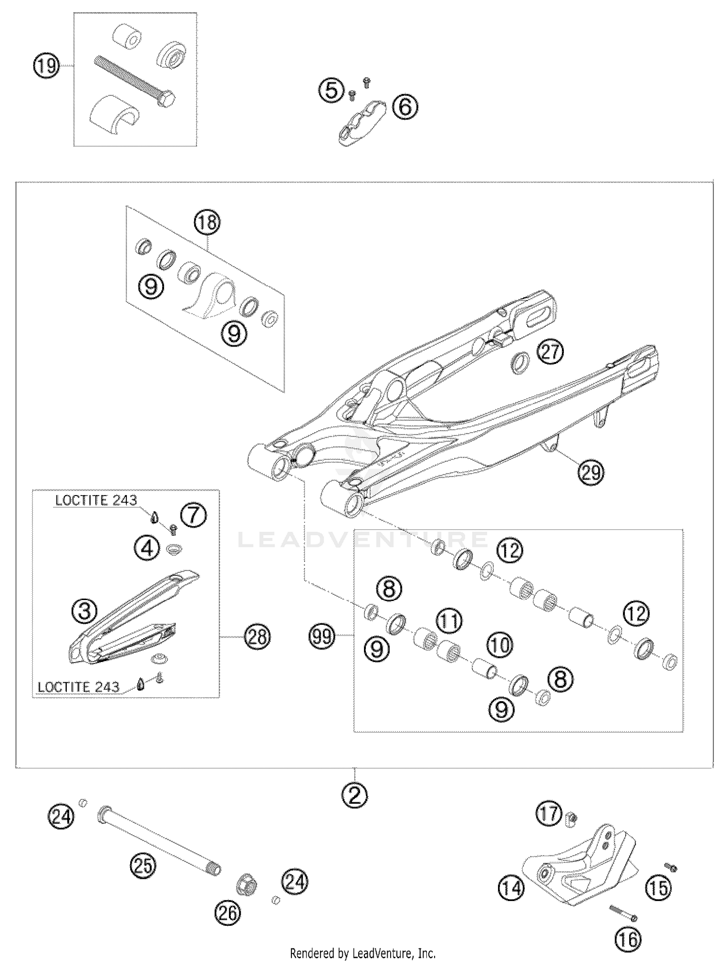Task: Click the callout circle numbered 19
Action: [46, 65]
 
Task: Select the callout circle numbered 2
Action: [355, 795]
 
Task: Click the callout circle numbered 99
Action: [323, 635]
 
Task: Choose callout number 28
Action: [257, 636]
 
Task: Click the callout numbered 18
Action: [207, 223]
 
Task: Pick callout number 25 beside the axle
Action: [144, 865]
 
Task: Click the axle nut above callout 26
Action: [246, 884]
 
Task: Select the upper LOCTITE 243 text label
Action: [96, 500]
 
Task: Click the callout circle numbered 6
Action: [405, 106]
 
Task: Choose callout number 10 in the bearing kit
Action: [500, 645]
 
